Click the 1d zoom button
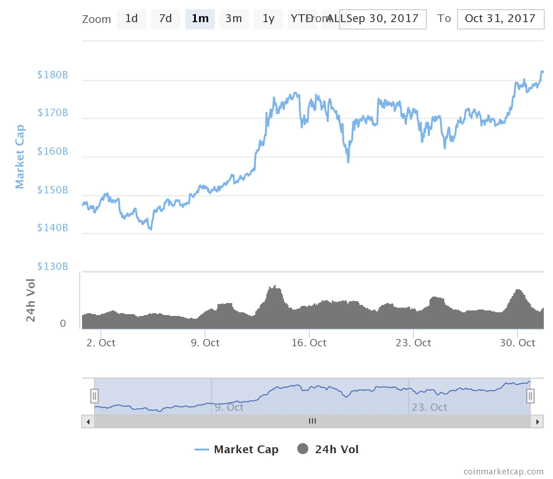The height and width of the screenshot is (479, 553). [132, 19]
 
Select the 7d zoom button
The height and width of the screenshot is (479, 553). [165, 19]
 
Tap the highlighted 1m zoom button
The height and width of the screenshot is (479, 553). [200, 19]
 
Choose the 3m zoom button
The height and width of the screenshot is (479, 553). [234, 19]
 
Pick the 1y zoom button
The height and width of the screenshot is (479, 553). [268, 19]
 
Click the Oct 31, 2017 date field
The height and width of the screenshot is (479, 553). [500, 19]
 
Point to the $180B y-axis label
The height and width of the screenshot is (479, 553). [53, 75]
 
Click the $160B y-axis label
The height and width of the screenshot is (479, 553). [53, 152]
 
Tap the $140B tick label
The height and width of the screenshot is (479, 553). [53, 228]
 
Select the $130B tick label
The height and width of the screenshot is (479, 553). [53, 267]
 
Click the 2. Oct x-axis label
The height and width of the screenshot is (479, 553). [101, 343]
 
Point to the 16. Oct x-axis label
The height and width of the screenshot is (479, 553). [309, 343]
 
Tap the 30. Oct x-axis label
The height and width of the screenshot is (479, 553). [518, 343]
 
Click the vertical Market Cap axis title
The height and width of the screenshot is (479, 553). [19, 157]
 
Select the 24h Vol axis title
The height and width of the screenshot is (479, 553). [30, 300]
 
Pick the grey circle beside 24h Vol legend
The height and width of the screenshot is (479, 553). [303, 449]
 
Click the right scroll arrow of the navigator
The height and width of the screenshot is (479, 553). [537, 421]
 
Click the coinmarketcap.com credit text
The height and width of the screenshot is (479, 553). [503, 472]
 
